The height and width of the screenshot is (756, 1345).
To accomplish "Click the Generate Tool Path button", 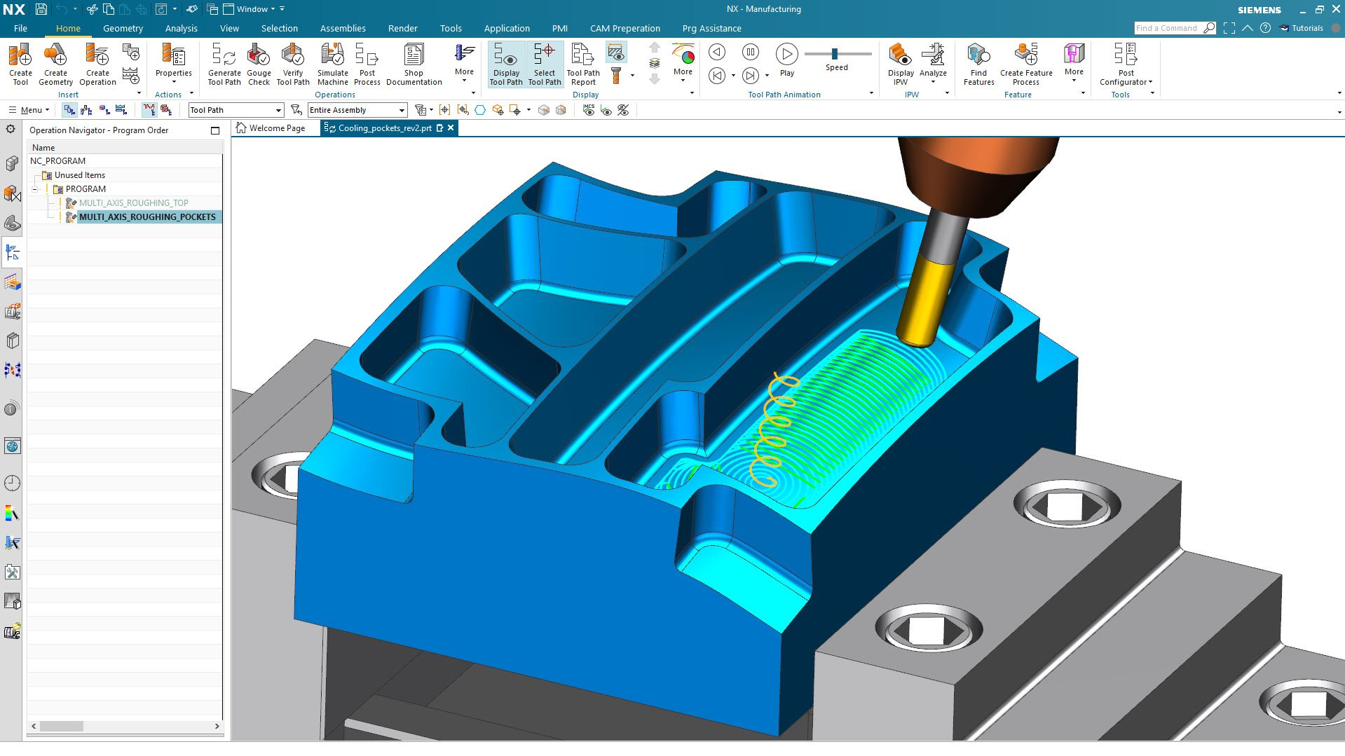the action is (224, 64).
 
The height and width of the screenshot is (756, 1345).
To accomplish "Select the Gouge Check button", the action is (259, 64).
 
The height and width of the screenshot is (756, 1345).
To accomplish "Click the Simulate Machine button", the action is (332, 64).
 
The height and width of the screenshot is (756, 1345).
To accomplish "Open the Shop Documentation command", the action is (414, 64).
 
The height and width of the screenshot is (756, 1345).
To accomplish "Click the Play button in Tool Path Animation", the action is (787, 60).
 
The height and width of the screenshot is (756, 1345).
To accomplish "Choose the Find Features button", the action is (978, 64).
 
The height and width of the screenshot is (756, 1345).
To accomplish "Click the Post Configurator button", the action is (1126, 64).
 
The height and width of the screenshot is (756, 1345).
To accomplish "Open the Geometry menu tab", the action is (123, 29).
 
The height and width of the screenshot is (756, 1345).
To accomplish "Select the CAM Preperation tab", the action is (624, 29).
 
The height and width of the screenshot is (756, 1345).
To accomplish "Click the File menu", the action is (20, 29).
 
